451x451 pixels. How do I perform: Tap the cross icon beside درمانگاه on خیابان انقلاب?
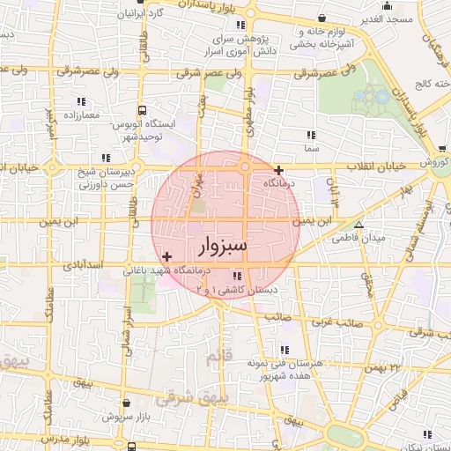coord(278,170)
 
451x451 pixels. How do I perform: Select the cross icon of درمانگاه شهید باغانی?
coord(167,255)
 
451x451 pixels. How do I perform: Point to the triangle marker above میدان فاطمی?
coord(358,225)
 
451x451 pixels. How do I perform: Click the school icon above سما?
coord(310,136)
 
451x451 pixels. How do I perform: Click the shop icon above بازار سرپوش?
coord(126,401)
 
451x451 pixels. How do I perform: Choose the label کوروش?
coord(433,164)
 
